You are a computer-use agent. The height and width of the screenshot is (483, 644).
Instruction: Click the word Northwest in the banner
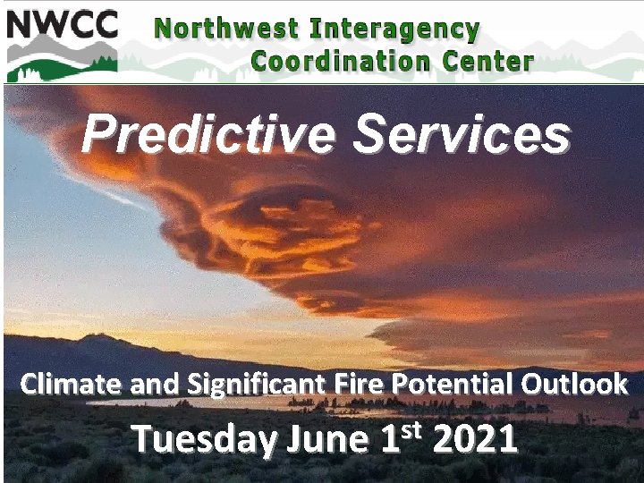226,28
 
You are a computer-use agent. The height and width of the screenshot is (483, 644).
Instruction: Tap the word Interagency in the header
395,28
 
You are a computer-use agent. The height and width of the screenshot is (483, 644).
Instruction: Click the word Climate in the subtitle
72,385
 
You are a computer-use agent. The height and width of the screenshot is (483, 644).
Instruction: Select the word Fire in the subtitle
347,385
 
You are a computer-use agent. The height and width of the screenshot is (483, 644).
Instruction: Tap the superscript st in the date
411,429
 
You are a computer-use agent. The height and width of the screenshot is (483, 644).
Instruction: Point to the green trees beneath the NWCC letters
61,64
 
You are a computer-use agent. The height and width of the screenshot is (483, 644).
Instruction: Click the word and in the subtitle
154,385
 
